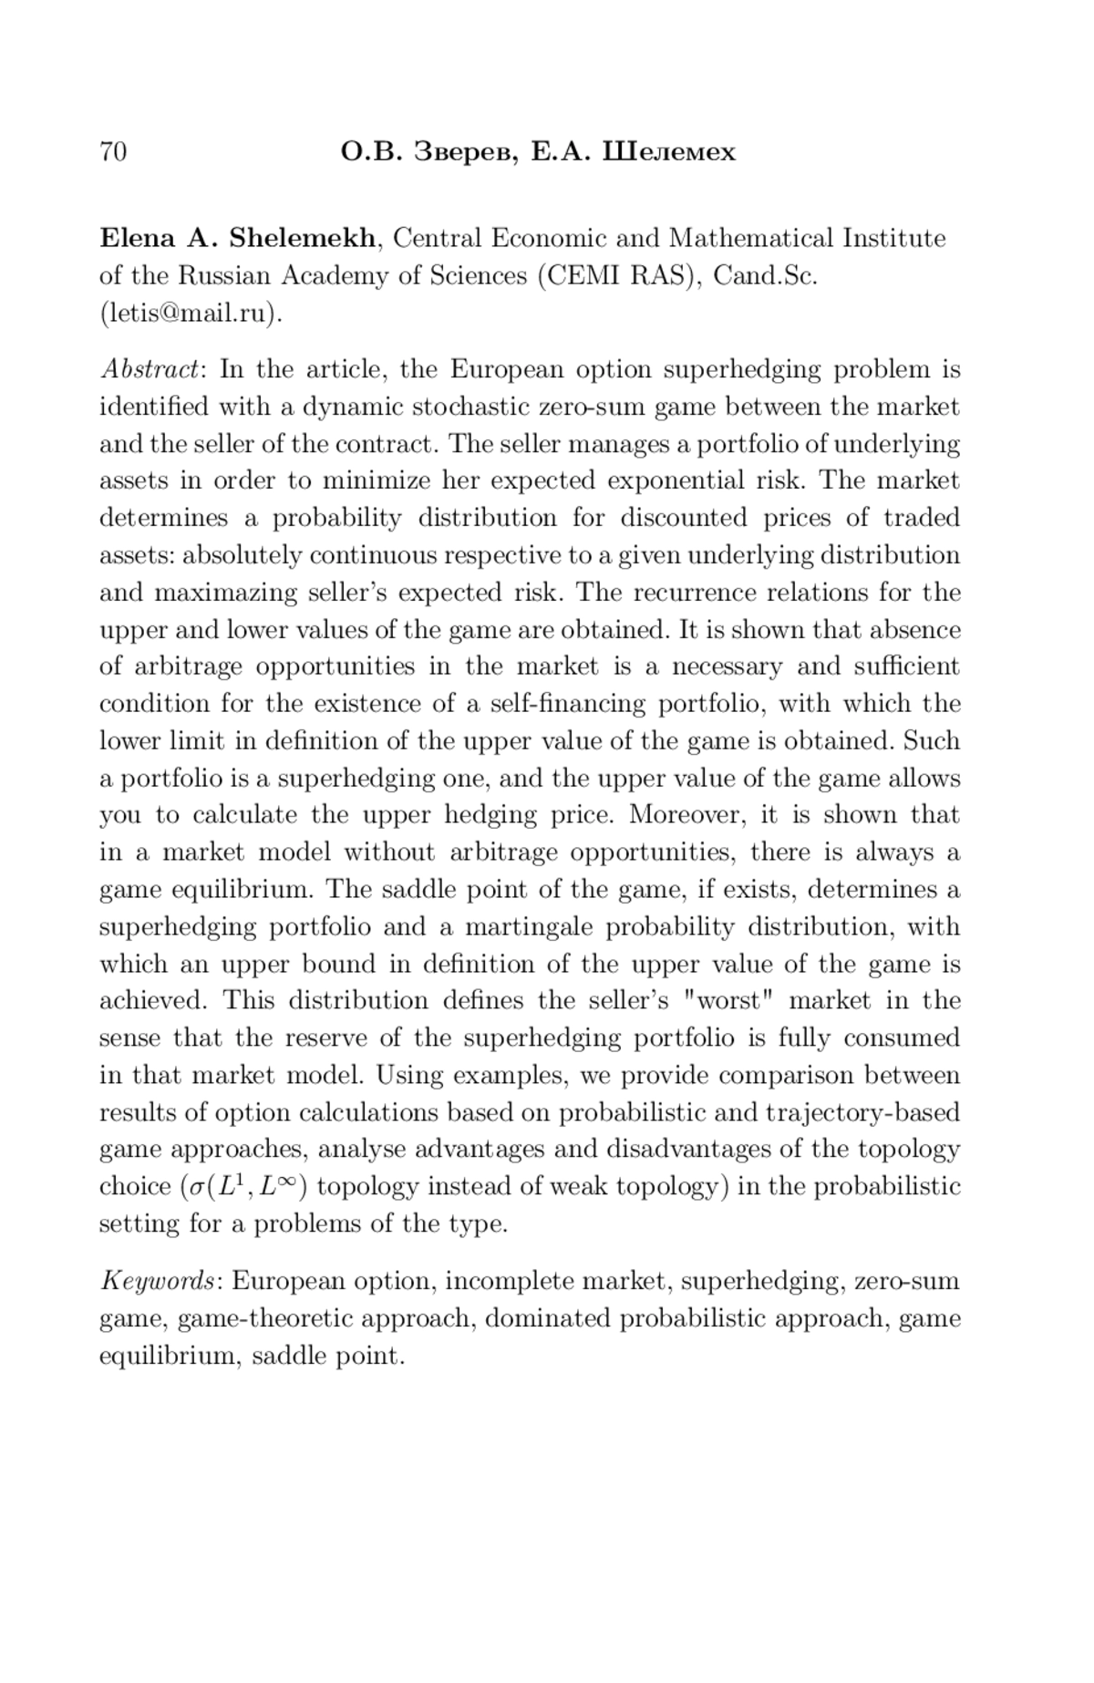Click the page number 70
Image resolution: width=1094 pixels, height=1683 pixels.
pos(113,151)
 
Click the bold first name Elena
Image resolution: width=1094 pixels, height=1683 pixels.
pos(138,239)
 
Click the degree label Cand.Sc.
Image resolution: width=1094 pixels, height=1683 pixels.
pos(765,276)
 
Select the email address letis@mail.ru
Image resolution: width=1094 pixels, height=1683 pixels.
pos(188,314)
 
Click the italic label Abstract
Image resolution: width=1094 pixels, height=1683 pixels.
pos(150,370)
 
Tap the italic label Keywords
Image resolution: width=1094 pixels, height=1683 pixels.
pos(159,1282)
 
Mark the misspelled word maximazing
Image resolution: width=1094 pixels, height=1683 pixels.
pos(224,594)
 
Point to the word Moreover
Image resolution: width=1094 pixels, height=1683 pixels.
pos(686,815)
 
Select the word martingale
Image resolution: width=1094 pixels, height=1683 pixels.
pos(528,927)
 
